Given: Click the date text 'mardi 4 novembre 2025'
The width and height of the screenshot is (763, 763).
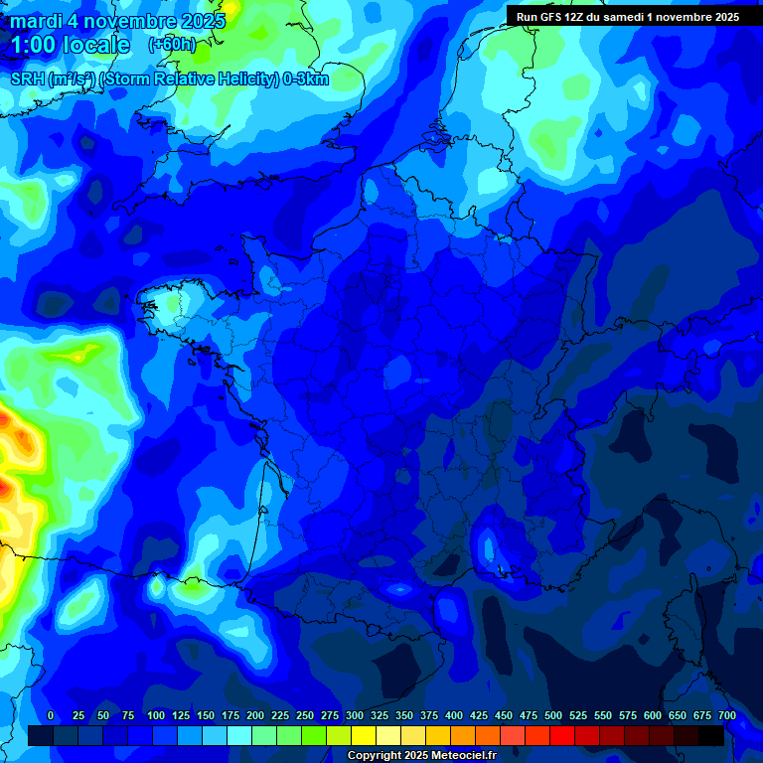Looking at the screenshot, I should tap(118, 21).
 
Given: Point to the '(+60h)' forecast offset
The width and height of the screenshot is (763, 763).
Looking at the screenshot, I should tap(172, 45).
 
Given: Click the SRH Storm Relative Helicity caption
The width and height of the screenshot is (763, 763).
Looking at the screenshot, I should tap(169, 79).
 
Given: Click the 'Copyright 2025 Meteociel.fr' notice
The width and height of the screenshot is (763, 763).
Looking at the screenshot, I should tap(421, 756).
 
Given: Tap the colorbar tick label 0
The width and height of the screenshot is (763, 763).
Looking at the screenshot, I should tap(51, 715).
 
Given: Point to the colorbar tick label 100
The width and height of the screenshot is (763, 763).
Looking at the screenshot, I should tap(156, 715).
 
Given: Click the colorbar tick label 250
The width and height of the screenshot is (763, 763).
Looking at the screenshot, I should tap(305, 715).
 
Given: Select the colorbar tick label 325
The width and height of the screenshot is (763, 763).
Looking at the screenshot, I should tap(380, 715).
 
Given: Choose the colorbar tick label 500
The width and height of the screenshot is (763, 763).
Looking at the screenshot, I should tap(553, 715).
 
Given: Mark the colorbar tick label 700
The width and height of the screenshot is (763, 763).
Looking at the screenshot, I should tap(727, 715).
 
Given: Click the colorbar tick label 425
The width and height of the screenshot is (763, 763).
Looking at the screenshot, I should tap(479, 715).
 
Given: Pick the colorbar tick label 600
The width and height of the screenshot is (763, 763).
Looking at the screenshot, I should tap(653, 715).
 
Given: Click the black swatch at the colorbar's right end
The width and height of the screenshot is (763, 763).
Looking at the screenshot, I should tap(711, 735).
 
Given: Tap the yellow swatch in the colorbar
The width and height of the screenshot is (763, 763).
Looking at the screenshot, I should tap(364, 735).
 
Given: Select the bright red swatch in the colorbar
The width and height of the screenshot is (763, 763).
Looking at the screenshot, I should tap(562, 735).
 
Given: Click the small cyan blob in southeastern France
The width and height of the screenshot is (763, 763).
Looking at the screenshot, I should tap(488, 545).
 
